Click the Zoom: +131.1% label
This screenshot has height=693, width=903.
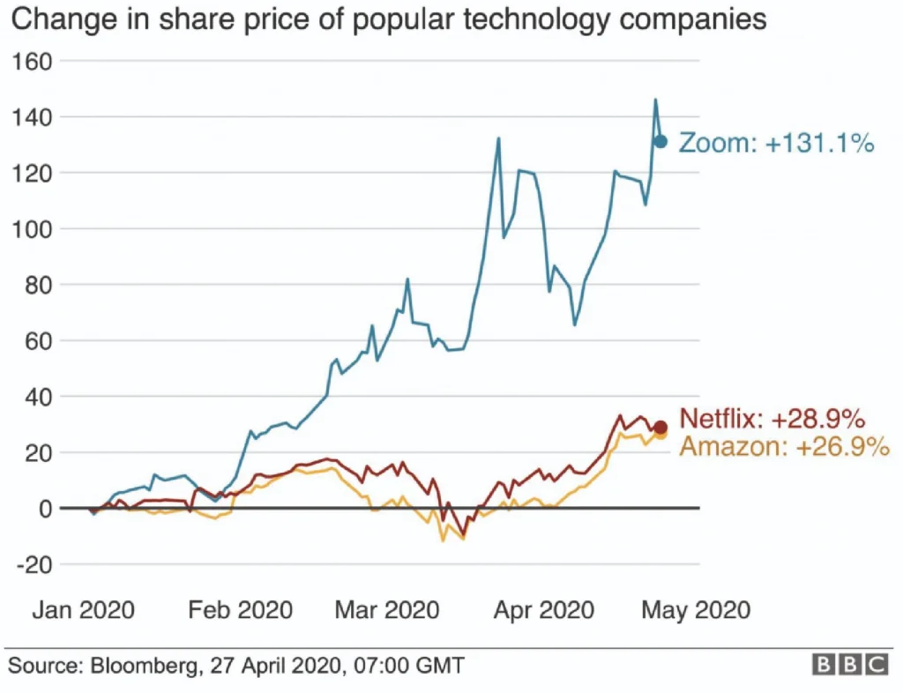coord(776,143)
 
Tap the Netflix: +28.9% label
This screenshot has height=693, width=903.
coord(772,419)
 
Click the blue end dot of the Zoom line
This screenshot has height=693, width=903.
coord(660,142)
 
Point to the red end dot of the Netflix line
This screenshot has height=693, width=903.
coord(660,428)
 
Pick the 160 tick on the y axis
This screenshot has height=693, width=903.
coord(34,61)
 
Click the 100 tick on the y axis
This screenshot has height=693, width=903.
coord(34,228)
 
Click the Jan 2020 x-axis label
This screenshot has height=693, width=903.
coord(85,610)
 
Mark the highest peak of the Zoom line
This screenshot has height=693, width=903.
coord(655,100)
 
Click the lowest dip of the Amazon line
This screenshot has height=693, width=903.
coord(444,540)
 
